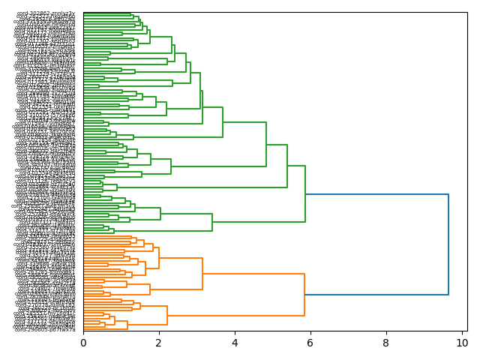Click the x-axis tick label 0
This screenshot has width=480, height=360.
[x=83, y=343]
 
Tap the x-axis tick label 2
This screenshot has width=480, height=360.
[x=159, y=343]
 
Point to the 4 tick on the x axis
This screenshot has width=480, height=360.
[x=235, y=343]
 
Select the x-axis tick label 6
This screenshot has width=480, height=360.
[x=310, y=343]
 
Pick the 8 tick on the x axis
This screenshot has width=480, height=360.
[x=386, y=343]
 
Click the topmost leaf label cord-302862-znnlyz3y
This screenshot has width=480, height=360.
[x=46, y=13]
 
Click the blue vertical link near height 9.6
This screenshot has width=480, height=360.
[x=448, y=244]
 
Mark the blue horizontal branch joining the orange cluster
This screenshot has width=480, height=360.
[x=376, y=295]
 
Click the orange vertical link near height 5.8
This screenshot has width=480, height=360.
[x=304, y=295]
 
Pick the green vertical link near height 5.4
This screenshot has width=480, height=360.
[x=287, y=166]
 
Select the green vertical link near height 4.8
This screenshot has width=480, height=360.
[x=266, y=145]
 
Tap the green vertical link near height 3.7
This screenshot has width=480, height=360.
[x=223, y=122]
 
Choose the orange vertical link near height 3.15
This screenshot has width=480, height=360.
[x=202, y=274]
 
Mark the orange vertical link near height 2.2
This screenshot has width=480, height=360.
[x=167, y=316]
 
